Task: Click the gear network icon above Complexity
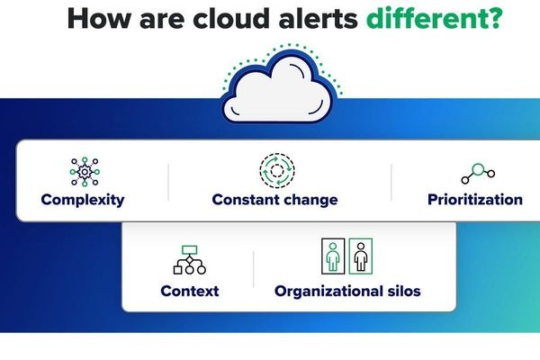tap(84, 171)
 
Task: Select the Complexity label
tap(83, 200)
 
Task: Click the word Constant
tap(246, 200)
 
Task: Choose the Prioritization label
tap(474, 200)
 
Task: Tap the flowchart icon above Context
tap(189, 259)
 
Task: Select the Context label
tap(189, 291)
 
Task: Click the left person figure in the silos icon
tap(332, 256)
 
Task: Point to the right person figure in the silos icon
tap(360, 256)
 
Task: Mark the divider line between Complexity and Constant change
tap(168, 183)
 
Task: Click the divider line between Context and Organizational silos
tap(254, 270)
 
